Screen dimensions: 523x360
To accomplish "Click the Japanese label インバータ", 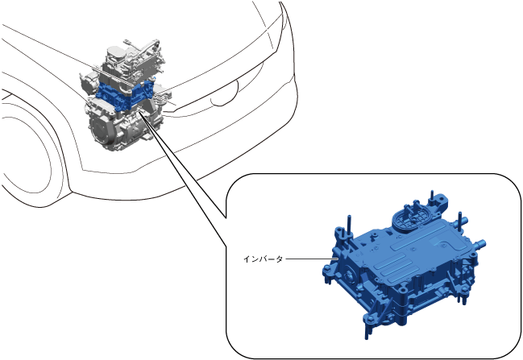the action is point(263,259).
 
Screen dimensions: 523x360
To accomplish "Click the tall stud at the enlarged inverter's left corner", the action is point(349,224).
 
